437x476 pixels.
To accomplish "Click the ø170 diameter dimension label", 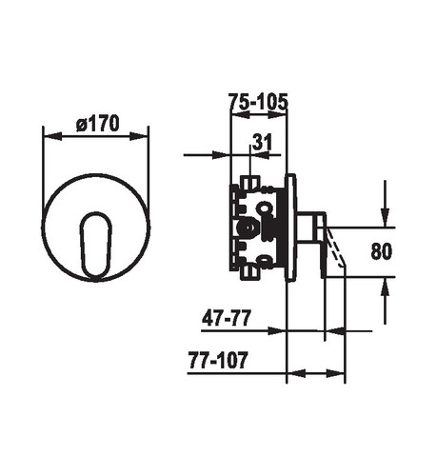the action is (98, 124).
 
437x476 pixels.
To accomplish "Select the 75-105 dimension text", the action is (258, 102).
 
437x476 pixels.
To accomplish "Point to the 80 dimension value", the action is (381, 251).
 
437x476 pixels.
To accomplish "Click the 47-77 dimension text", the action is (227, 318).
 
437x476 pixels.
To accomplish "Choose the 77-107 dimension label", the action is (218, 360).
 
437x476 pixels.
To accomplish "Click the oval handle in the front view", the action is (95, 247).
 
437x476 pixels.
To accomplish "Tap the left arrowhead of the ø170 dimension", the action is (52, 136).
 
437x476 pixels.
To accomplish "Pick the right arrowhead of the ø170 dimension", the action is (139, 136).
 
